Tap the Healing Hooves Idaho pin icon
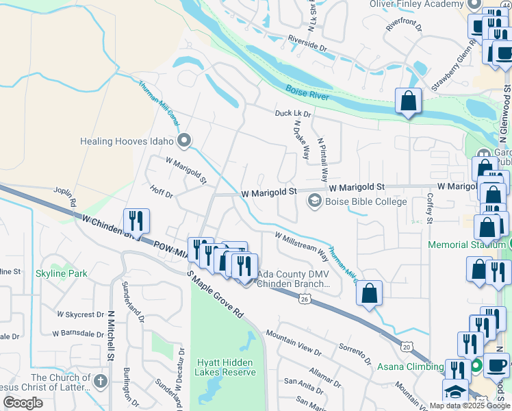[x=183, y=141]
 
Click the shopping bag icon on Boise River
[x=408, y=101]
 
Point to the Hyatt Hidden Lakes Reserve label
[x=225, y=367]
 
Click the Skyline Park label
[x=62, y=273]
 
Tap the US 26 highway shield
[x=303, y=298]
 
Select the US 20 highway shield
[x=407, y=348]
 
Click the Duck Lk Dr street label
[x=293, y=113]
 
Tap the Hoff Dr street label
[x=163, y=194]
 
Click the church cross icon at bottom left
[x=101, y=381]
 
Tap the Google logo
[x=23, y=403]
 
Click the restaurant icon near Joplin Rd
[x=136, y=221]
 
